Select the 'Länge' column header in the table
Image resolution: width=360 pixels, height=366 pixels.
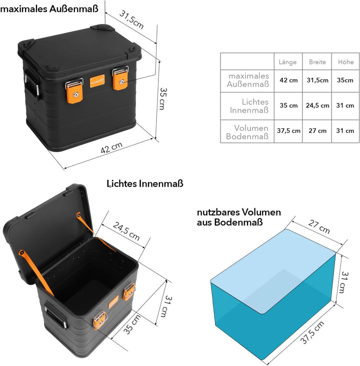pyautogui.click(x=287, y=62)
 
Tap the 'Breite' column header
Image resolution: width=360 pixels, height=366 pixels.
pyautogui.click(x=317, y=62)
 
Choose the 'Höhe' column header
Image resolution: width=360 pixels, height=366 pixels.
pyautogui.click(x=345, y=62)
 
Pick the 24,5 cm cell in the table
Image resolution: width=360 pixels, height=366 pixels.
pyautogui.click(x=317, y=105)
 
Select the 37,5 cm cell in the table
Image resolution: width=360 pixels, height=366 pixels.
pyautogui.click(x=288, y=130)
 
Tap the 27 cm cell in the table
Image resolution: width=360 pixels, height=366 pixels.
pyautogui.click(x=317, y=130)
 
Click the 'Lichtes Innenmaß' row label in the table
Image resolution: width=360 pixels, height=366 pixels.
pyautogui.click(x=248, y=105)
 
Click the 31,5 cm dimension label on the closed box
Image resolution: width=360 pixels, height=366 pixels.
pyautogui.click(x=131, y=19)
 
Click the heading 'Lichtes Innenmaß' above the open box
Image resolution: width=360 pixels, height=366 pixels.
pyautogui.click(x=145, y=184)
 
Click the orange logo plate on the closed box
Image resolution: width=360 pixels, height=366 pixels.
pyautogui.click(x=97, y=80)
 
